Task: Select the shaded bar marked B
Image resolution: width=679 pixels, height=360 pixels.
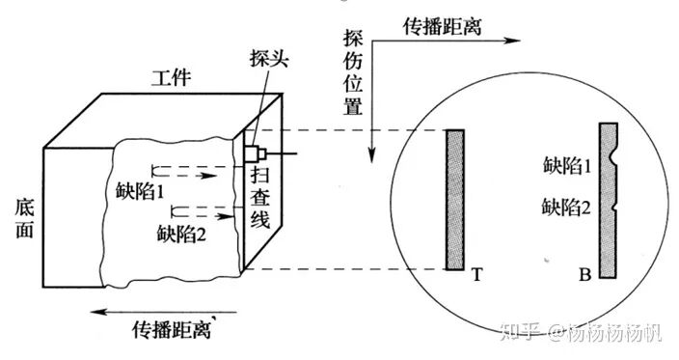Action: [608, 201]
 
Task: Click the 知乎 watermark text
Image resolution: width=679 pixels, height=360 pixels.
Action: [522, 334]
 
